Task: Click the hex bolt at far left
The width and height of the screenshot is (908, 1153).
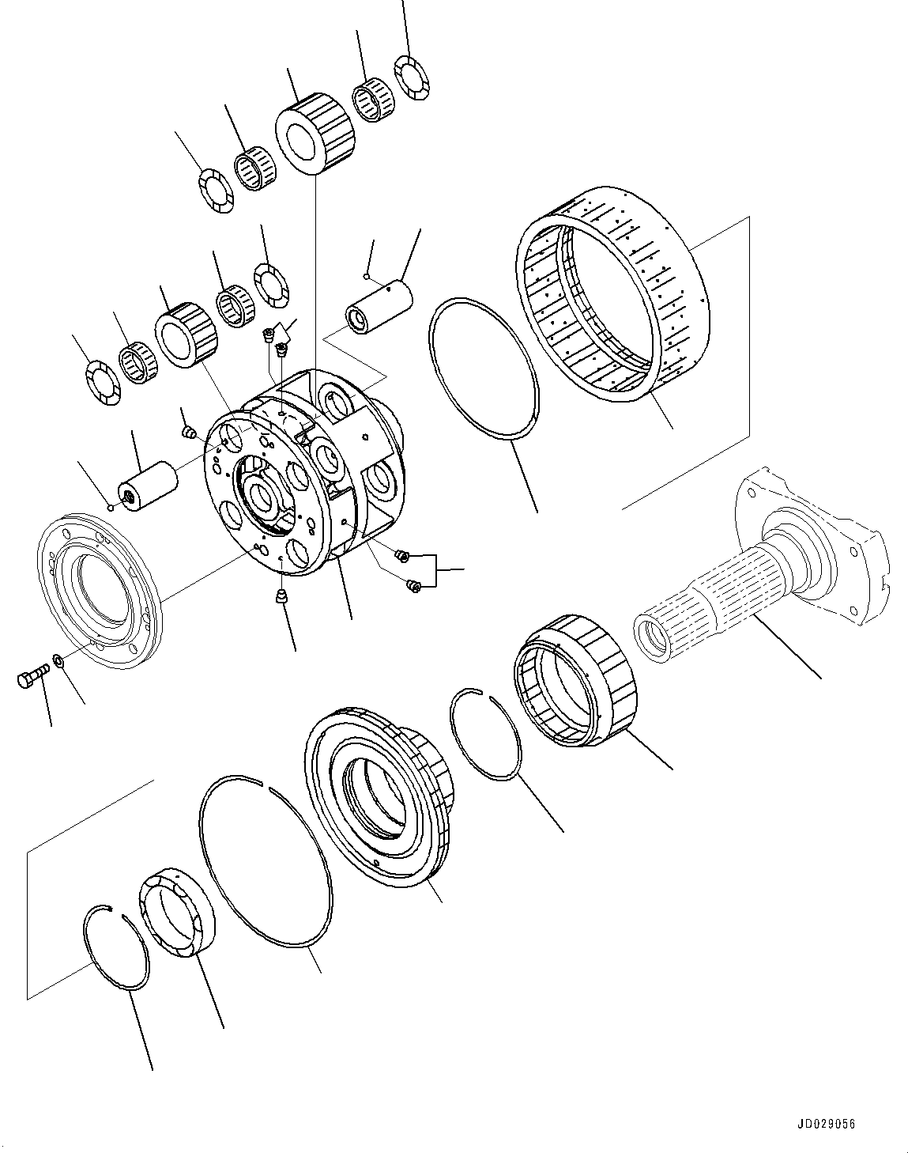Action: coord(32,677)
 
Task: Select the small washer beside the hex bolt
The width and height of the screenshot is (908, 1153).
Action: coord(58,659)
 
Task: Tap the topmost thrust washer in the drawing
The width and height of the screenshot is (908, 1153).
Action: coord(411,77)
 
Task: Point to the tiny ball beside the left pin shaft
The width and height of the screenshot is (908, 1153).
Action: coord(112,508)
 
